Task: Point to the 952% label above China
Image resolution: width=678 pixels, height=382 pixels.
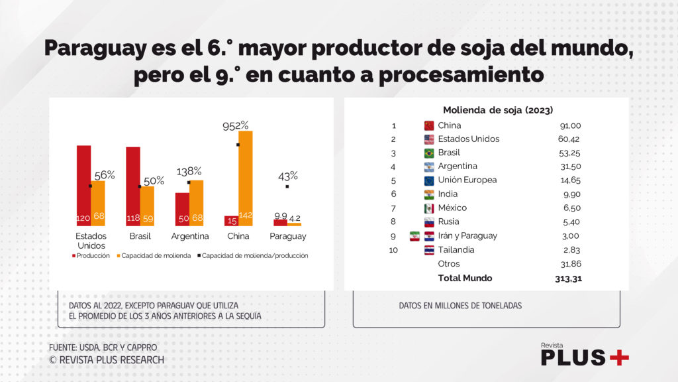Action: coord(235,125)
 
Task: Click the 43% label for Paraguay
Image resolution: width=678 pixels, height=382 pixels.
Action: coord(288,176)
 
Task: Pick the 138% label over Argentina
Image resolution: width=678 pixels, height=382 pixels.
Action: coord(189,171)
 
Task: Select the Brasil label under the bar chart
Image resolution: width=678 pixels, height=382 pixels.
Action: coord(140,236)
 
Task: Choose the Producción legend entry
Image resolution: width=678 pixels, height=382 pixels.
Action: coord(90,255)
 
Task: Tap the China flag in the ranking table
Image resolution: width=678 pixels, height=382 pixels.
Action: coord(428,125)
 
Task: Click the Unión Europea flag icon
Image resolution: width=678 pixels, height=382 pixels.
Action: coord(428,180)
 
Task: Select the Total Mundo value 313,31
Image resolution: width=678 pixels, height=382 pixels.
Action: coord(568,279)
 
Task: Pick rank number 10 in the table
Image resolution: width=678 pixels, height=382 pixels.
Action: coord(393,250)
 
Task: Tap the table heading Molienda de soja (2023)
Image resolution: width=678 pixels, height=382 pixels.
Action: coord(497,110)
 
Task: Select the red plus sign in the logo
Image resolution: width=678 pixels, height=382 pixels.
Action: coord(618,357)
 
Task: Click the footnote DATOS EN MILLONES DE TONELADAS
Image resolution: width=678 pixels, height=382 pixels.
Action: coord(460,306)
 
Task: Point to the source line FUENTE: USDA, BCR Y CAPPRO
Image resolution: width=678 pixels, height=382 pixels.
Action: coord(103,348)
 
